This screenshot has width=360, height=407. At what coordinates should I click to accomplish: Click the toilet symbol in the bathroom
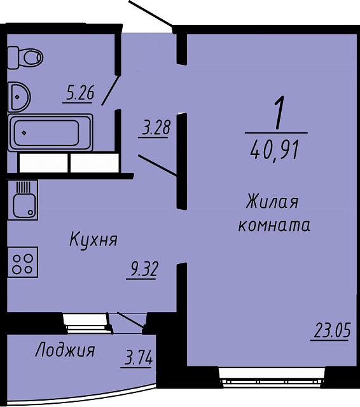tap(25, 57)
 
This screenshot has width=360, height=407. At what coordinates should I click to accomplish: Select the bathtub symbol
tap(50, 132)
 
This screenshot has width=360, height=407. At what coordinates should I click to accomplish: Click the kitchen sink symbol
tap(23, 200)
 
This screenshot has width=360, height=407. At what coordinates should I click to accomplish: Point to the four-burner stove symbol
tap(23, 262)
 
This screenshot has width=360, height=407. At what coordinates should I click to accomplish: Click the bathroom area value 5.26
tap(80, 93)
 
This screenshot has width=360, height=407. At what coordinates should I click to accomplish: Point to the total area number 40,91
tap(273, 149)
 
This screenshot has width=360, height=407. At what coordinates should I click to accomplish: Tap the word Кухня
tap(93, 239)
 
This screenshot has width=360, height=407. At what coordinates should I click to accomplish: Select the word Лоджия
tap(65, 350)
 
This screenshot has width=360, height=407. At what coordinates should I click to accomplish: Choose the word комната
tap(274, 225)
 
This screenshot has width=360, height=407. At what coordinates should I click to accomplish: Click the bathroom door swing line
tap(111, 90)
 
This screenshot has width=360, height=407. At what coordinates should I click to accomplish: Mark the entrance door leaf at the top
tap(151, 13)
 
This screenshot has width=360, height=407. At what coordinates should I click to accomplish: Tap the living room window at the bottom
tap(272, 376)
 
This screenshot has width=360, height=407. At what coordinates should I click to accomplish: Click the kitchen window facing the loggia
tap(88, 324)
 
